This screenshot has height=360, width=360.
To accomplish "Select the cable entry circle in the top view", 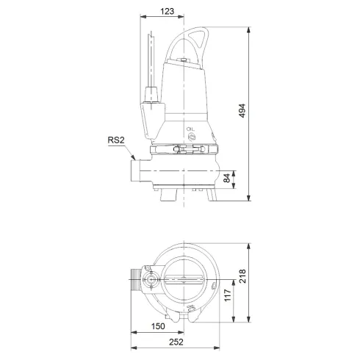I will pos(152,279).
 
